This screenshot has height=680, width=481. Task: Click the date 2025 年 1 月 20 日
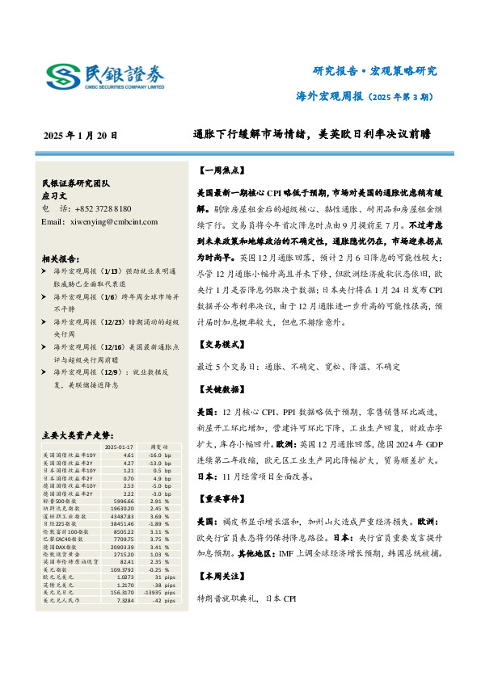(81, 136)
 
